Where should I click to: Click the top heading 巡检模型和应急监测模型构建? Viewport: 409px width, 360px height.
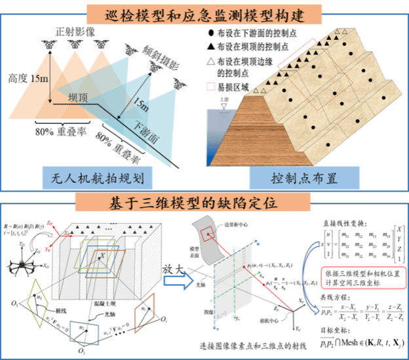point(204,14)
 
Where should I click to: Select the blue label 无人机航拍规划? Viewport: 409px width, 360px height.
point(98,177)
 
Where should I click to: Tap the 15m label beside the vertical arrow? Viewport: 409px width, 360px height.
point(38,80)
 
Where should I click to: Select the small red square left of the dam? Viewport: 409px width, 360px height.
point(210,86)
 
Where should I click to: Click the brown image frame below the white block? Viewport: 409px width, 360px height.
point(144,311)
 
